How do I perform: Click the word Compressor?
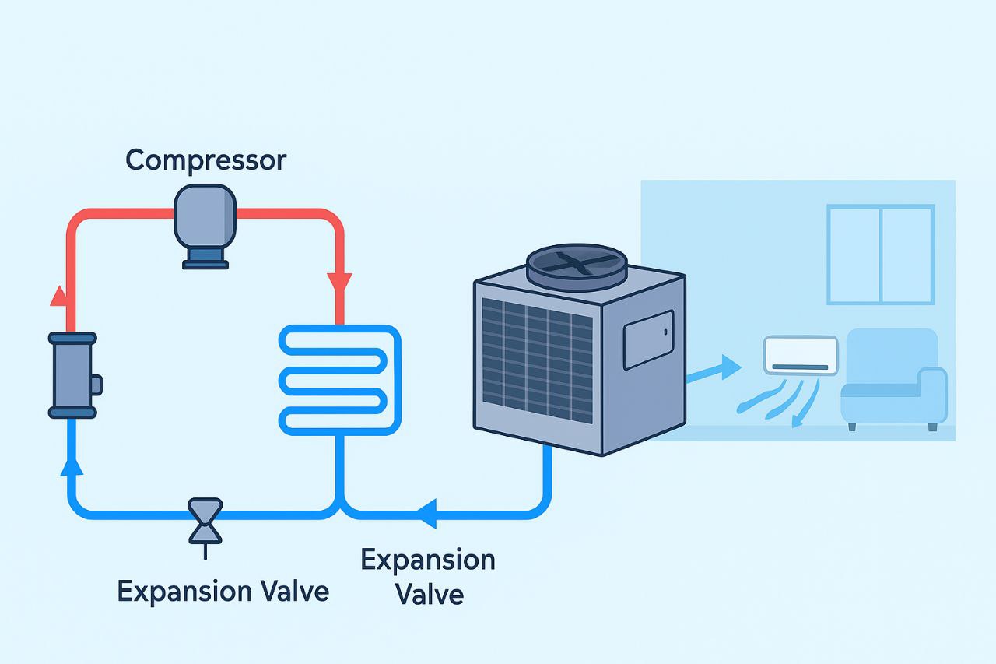[205, 160]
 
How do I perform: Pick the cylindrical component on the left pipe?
[72, 375]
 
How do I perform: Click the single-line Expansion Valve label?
[223, 591]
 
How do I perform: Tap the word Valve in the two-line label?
[429, 595]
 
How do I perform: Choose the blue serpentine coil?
[339, 378]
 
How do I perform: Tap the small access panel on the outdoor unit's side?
[647, 339]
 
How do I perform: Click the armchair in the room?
[893, 379]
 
